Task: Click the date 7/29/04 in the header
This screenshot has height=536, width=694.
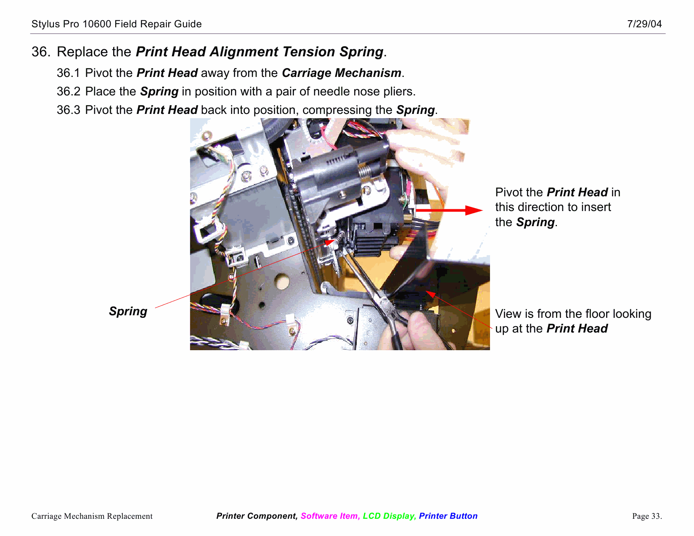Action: pos(644,24)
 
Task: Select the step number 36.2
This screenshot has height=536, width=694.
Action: pos(68,92)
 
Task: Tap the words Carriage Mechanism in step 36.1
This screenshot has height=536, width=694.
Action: pos(341,73)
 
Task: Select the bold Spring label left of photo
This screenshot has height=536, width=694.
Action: pos(128,312)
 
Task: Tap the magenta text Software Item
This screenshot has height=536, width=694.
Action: pos(330,516)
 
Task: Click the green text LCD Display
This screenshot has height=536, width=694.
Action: pos(389,516)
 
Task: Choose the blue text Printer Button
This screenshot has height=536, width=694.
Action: pos(448,516)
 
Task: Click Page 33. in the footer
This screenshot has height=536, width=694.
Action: pos(646,516)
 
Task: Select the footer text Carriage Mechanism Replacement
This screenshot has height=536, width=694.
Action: pos(92,516)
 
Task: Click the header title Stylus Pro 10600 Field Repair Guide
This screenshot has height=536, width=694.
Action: pos(117,24)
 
